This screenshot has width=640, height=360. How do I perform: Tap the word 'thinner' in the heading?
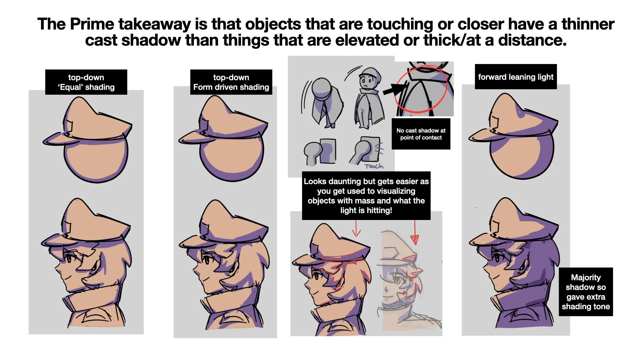pyautogui.click(x=588, y=24)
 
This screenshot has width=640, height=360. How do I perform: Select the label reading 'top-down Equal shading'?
pyautogui.click(x=86, y=82)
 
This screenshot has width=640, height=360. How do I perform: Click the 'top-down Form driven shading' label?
pyautogui.click(x=231, y=82)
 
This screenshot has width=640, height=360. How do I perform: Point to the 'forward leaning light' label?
pyautogui.click(x=516, y=77)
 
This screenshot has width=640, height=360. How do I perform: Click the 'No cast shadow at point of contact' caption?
pyautogui.click(x=421, y=134)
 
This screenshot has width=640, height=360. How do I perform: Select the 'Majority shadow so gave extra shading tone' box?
pyautogui.click(x=586, y=292)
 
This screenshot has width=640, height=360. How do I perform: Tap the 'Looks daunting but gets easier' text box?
pyautogui.click(x=366, y=196)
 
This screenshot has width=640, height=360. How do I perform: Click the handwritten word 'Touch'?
pyautogui.click(x=374, y=166)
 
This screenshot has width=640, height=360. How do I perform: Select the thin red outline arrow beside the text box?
pyautogui.click(x=356, y=228)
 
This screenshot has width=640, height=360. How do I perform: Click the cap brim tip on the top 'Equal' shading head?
pyautogui.click(x=44, y=143)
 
